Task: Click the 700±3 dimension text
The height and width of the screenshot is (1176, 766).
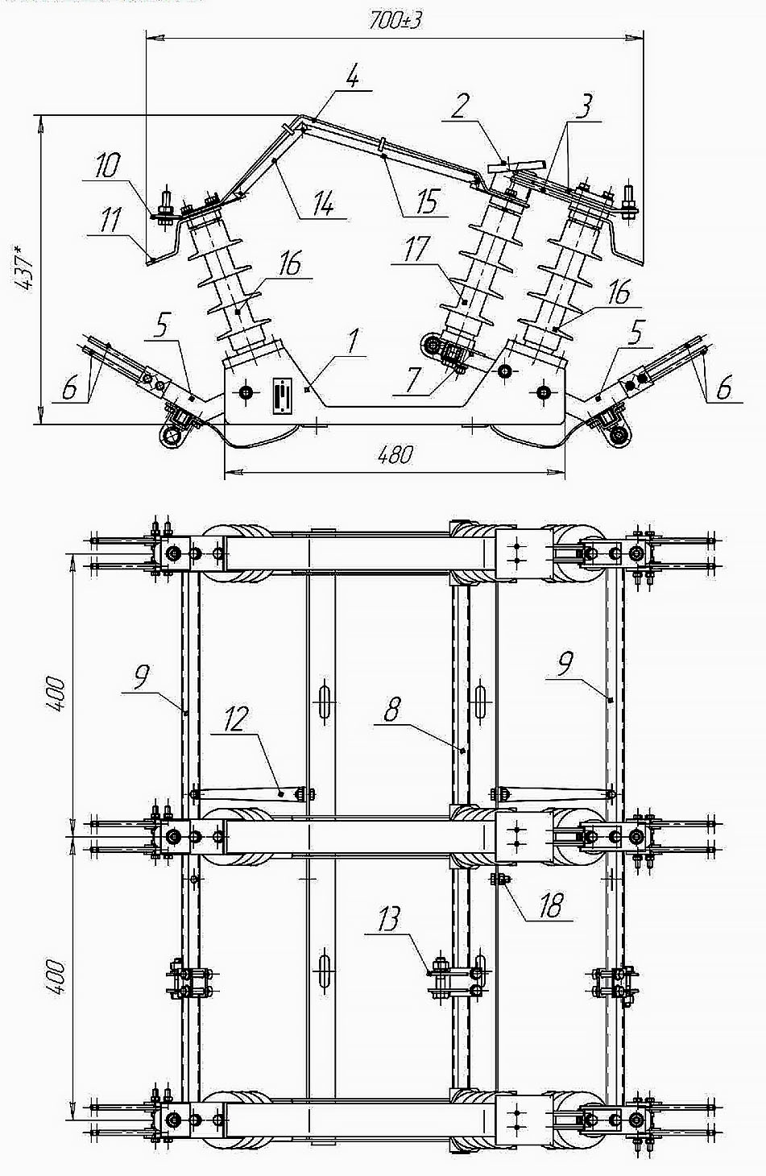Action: point(395,20)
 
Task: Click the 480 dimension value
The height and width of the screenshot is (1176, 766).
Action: point(395,454)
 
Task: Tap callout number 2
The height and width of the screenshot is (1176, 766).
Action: point(461,106)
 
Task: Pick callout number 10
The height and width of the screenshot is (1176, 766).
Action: point(107,166)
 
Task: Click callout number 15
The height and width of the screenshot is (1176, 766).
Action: point(427,202)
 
